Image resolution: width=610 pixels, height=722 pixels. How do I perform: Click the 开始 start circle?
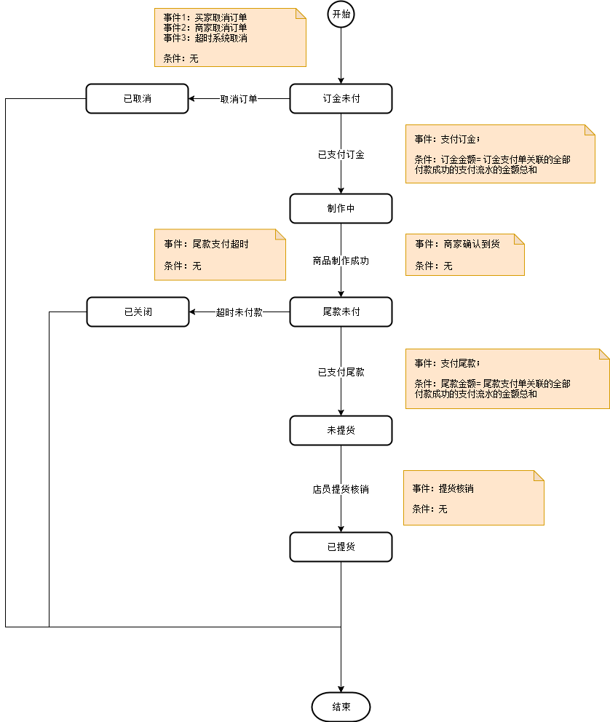coord(341,15)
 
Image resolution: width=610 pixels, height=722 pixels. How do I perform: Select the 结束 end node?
coord(341,707)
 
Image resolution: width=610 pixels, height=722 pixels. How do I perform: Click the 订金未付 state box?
coord(341,99)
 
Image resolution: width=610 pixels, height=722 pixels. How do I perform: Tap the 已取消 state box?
coord(138,99)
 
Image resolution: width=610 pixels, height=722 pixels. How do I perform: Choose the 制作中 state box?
coord(341,208)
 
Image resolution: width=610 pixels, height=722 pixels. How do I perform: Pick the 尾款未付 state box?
coord(341,312)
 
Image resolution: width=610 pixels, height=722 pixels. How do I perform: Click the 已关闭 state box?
coord(138,312)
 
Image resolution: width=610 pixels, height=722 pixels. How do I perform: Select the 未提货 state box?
coord(341,430)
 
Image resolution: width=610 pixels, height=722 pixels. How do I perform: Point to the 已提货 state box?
coord(341,547)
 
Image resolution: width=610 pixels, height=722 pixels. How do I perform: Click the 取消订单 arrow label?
coord(239,99)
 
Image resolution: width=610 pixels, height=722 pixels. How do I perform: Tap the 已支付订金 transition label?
coord(341,154)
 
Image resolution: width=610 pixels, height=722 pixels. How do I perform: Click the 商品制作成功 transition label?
coord(341,261)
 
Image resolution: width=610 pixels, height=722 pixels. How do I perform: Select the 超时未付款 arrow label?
coord(239,312)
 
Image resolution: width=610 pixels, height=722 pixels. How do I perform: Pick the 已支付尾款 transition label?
coord(341,372)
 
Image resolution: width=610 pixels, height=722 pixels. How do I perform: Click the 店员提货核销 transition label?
coord(341,490)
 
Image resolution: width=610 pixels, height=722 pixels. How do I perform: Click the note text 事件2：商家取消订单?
coord(205,28)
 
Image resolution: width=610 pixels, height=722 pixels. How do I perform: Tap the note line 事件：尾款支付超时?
coord(206,245)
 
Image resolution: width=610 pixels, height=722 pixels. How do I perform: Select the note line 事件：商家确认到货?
coord(456,245)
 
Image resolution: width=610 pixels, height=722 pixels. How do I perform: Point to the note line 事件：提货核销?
coord(443,489)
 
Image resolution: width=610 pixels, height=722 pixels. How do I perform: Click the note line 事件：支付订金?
coord(447,139)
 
